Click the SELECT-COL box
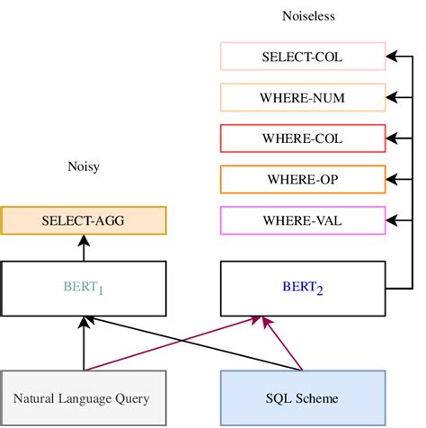(302, 58)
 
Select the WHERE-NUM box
(302, 98)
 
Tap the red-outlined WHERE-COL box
(302, 138)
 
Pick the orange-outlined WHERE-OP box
(302, 179)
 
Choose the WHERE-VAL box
(302, 219)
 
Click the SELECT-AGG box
(83, 220)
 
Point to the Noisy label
(83, 165)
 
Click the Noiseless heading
(302, 15)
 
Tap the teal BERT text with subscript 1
(83, 289)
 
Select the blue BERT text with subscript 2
(302, 289)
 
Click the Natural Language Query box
(83, 397)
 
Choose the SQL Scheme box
(302, 397)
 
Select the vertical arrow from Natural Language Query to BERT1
(83, 346)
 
